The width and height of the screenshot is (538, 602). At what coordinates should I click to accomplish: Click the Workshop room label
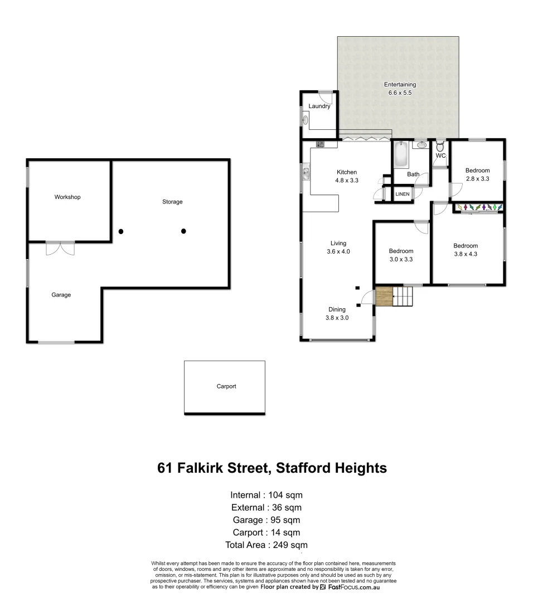tap(67, 197)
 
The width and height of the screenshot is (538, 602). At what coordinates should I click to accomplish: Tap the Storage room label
tap(172, 202)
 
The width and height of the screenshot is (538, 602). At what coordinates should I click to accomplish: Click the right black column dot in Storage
tap(183, 231)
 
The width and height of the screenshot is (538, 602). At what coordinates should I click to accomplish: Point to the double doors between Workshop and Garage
tap(60, 248)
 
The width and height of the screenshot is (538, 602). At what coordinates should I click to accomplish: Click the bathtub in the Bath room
tap(400, 155)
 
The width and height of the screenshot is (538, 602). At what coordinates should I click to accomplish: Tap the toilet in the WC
tap(440, 147)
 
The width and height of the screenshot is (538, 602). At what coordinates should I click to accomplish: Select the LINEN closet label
tap(403, 195)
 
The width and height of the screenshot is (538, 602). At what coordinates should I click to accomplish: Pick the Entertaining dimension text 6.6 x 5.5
tap(400, 93)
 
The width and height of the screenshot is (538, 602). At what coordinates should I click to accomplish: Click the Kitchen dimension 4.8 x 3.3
tap(346, 181)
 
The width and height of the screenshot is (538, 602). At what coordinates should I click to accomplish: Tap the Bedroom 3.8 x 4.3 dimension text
tap(466, 254)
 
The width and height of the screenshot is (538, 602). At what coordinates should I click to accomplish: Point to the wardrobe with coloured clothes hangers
tap(480, 208)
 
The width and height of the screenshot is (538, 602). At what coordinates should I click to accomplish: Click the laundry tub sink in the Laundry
tap(306, 119)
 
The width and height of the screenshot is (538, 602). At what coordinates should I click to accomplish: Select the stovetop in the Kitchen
tap(320, 144)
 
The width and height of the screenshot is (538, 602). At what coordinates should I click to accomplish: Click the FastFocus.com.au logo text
tap(353, 587)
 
